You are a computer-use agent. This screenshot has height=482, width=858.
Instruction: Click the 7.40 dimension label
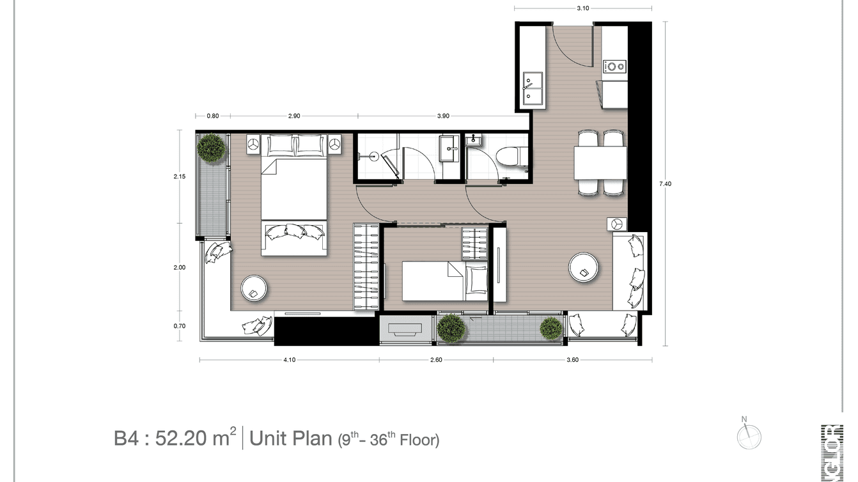[666, 184]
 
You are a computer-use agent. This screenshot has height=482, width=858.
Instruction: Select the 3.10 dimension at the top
[582, 8]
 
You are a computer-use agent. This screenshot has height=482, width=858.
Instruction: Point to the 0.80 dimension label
[212, 116]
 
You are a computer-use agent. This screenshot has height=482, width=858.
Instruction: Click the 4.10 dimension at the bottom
[289, 360]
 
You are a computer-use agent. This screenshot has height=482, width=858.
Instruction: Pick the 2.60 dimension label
[436, 360]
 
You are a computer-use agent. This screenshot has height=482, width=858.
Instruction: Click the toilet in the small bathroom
[511, 155]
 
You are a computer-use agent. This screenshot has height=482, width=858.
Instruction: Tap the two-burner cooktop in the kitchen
[616, 66]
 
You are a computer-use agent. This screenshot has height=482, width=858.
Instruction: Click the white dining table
[600, 163]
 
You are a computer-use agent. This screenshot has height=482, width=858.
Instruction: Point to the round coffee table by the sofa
[584, 267]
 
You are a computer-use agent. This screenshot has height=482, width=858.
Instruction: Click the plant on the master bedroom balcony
[210, 148]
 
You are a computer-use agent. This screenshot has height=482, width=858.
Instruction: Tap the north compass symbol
[749, 437]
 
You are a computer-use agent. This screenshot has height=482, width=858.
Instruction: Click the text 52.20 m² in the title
[189, 439]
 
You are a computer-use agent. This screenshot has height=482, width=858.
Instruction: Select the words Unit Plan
[289, 439]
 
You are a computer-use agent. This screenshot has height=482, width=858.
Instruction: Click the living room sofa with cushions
[630, 272]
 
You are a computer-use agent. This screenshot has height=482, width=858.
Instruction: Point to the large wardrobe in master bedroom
[366, 267]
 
